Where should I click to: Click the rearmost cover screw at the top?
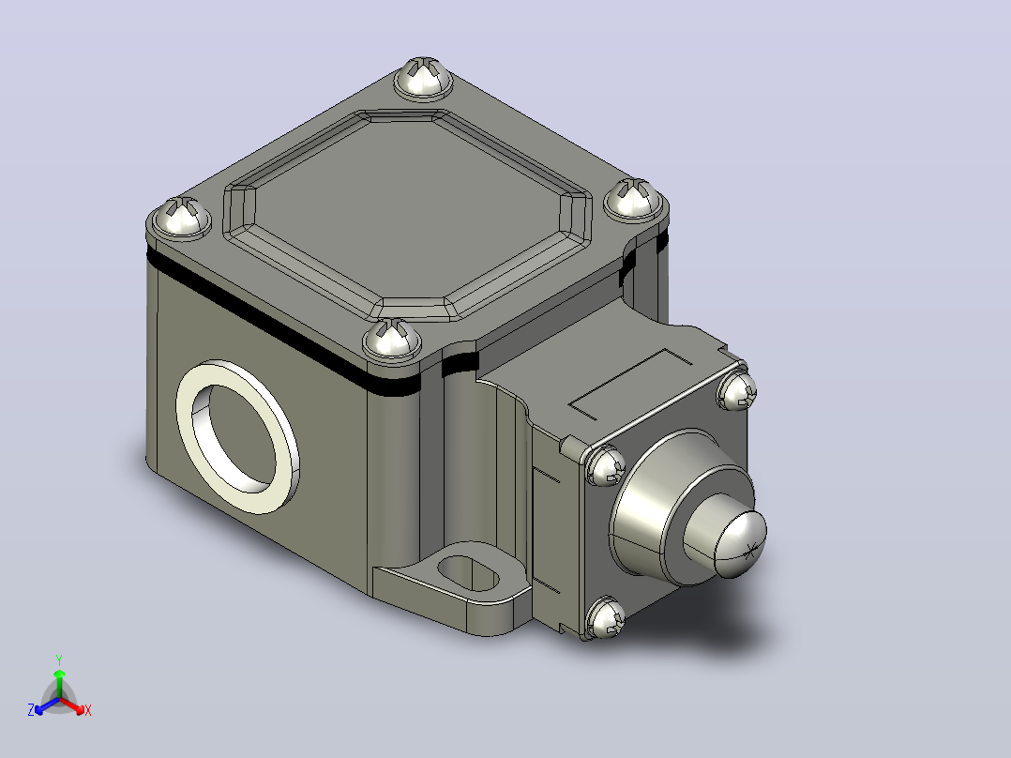point(423,79)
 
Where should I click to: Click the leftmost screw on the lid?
point(181,218)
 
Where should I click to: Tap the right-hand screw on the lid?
point(634,200)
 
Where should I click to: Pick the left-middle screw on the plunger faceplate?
point(606,465)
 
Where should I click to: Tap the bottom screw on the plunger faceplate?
point(607,617)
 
